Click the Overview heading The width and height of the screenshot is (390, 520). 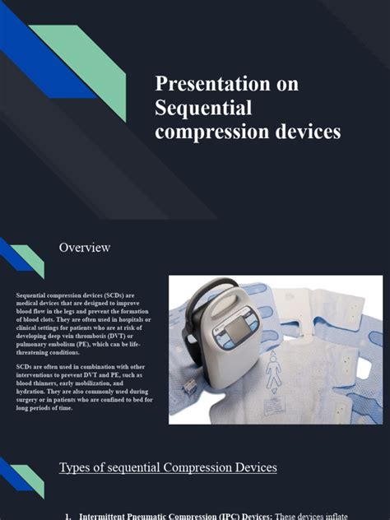(x=85, y=247)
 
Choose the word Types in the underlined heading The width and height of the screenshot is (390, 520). (x=76, y=467)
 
